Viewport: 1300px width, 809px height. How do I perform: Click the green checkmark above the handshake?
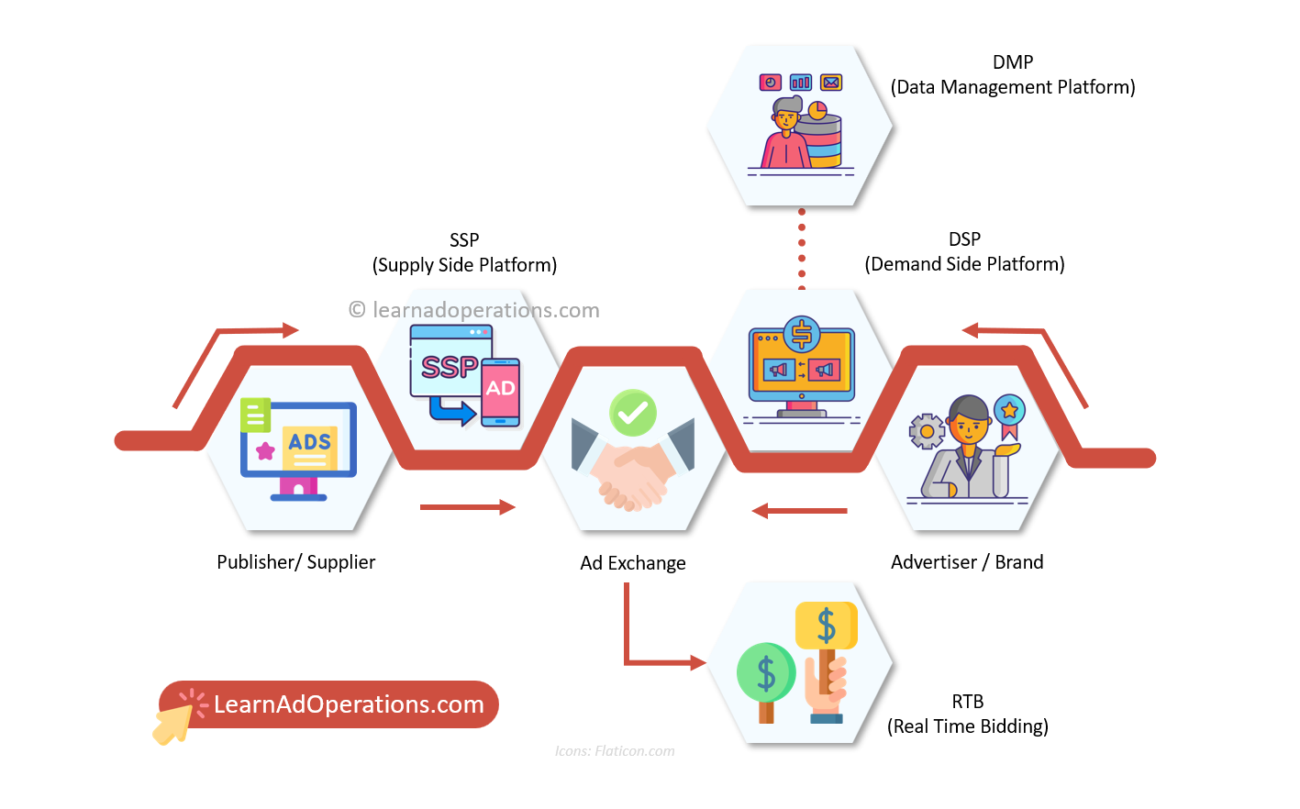tap(632, 413)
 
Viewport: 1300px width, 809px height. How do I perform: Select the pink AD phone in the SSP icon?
tap(501, 392)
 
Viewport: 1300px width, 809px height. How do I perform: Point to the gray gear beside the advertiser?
tap(927, 431)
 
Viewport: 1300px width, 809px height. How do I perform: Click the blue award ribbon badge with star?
tap(1009, 412)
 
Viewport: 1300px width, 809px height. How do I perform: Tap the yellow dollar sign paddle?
tap(826, 626)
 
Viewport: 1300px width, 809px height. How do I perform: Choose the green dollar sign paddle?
tap(765, 673)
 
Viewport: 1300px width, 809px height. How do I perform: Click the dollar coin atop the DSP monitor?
tap(802, 335)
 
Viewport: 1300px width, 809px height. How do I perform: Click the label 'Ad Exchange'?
tap(632, 563)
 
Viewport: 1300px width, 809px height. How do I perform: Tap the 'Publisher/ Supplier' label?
tap(295, 562)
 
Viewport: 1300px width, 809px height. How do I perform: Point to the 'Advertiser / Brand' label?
tap(967, 562)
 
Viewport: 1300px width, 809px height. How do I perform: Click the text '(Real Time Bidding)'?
tap(967, 726)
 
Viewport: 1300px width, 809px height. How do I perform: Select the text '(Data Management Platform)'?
tap(1013, 87)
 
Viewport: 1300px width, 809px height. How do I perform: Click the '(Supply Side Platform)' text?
tap(464, 265)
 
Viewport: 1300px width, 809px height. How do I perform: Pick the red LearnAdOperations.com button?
tap(349, 704)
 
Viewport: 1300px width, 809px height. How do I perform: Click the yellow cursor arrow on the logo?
tap(172, 724)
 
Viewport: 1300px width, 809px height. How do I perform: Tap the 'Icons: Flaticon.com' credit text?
tap(615, 751)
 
